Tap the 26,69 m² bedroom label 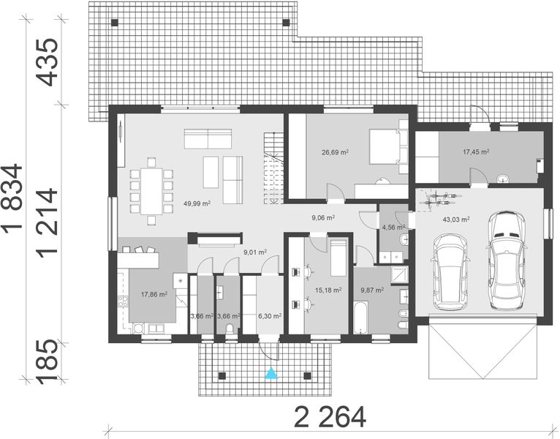point(335,153)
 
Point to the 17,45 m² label point(476,152)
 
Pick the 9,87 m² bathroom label point(372,290)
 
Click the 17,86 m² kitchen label point(154,296)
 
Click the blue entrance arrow point(271,374)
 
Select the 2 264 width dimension point(329,417)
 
